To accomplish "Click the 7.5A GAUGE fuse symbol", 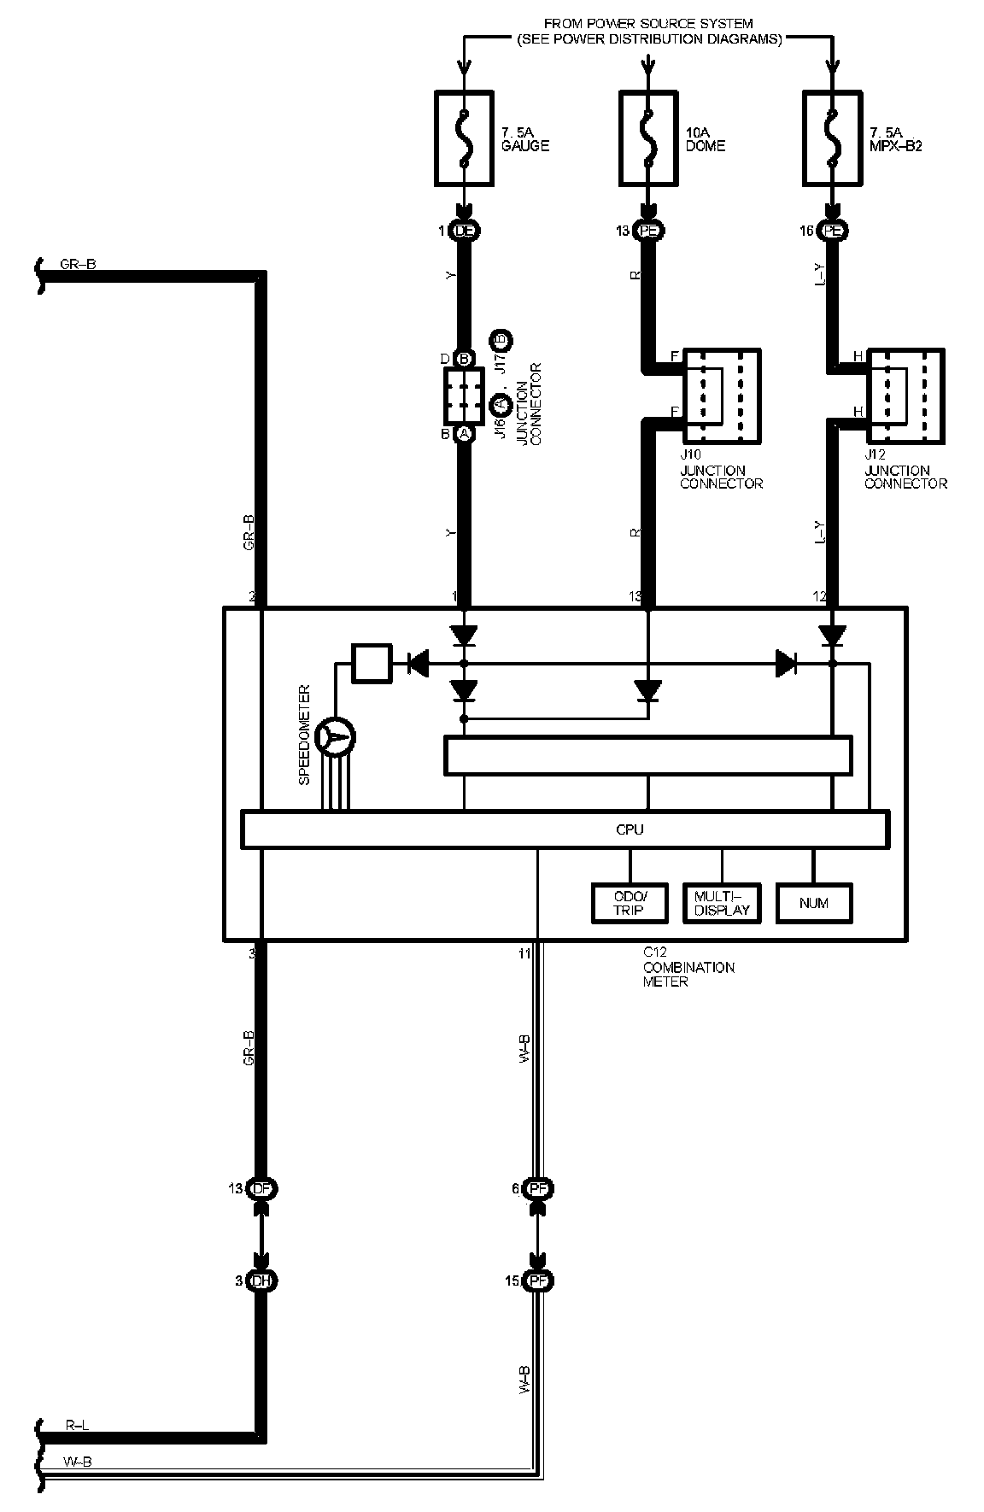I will click(x=464, y=139).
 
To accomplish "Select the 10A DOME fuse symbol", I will click(x=648, y=139).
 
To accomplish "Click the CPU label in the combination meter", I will click(x=630, y=829).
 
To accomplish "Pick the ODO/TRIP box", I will click(x=630, y=903).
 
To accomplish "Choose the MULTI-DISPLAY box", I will click(x=722, y=903).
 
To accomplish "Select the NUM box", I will click(x=814, y=903).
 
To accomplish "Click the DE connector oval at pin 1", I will click(x=465, y=231).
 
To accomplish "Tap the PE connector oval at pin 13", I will click(x=649, y=231).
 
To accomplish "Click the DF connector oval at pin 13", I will click(x=261, y=1188).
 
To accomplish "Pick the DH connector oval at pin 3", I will click(x=261, y=1281).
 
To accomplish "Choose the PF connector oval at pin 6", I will click(x=538, y=1188).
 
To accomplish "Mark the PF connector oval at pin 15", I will click(x=538, y=1281).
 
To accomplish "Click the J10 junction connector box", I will click(x=723, y=396).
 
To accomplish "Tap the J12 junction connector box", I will click(x=905, y=396).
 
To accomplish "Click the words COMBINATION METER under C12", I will click(x=688, y=975).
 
